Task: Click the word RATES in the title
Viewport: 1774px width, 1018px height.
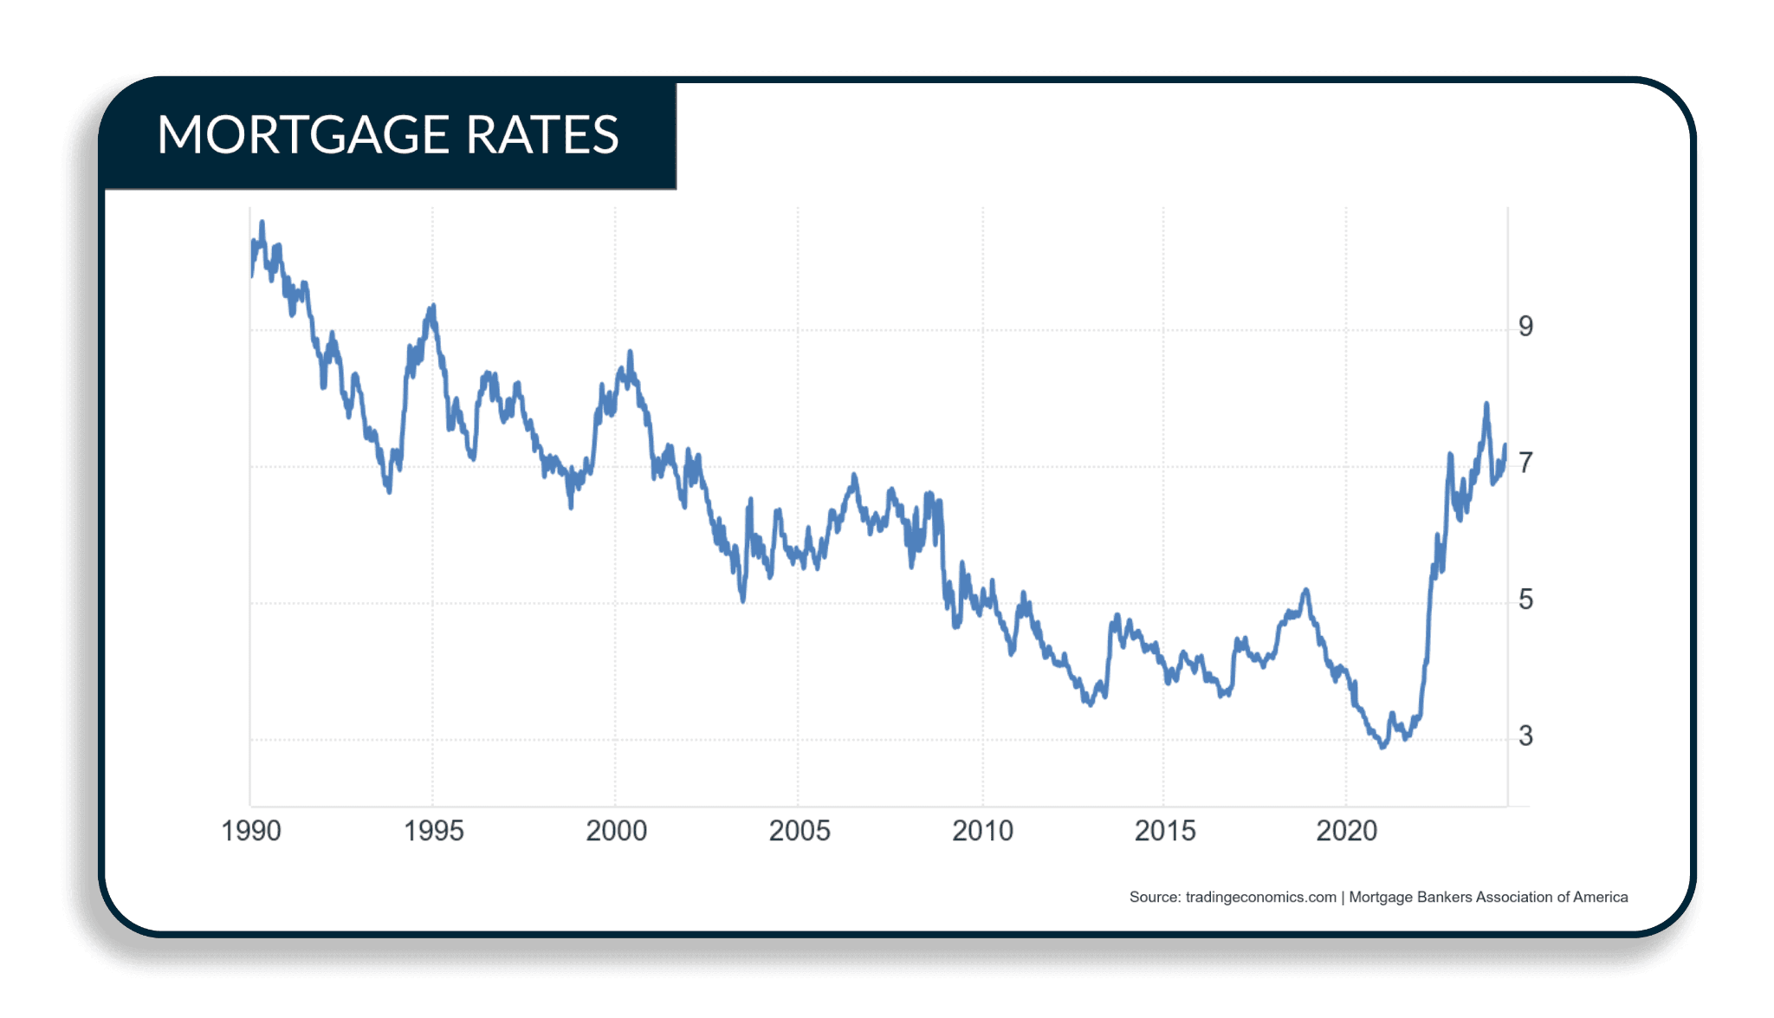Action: tap(542, 135)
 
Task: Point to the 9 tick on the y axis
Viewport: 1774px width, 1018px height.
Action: tap(1525, 327)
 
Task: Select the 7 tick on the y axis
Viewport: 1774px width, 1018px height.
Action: tap(1525, 464)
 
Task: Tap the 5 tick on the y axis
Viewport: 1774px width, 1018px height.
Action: tap(1525, 600)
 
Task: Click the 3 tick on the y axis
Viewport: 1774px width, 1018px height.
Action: tap(1525, 736)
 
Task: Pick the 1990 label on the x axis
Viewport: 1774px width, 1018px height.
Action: tap(251, 831)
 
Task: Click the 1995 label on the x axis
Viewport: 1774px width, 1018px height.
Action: tap(434, 831)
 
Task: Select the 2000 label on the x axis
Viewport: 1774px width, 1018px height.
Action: tap(617, 831)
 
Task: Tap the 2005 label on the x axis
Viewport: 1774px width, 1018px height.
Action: tap(800, 831)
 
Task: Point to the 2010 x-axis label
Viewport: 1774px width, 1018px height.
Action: tap(982, 831)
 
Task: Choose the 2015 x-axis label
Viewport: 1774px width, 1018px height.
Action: tap(1165, 831)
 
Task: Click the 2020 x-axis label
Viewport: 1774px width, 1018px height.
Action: tap(1347, 831)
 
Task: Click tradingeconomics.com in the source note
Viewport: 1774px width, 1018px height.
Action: tap(1260, 898)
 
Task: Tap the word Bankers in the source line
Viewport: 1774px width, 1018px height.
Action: tap(1444, 898)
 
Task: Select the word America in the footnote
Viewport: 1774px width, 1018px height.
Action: tap(1600, 898)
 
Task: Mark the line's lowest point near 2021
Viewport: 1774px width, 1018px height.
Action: tap(1383, 747)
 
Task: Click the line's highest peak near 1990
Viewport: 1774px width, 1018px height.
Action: tap(262, 222)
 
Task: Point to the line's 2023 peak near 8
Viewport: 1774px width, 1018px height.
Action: tap(1486, 404)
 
